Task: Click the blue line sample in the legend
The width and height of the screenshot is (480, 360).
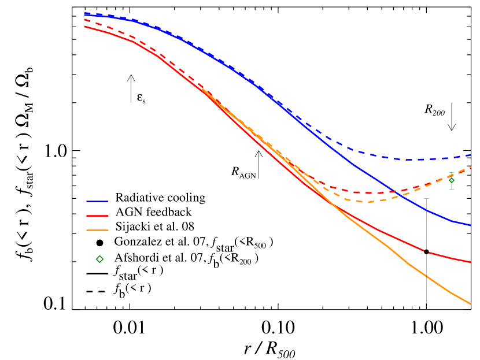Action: point(97,201)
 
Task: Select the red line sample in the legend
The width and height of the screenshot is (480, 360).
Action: point(97,216)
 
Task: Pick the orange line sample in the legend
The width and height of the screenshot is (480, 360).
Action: point(97,230)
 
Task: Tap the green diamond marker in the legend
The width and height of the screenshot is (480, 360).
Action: point(99,259)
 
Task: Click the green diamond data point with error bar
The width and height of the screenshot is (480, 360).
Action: point(452,180)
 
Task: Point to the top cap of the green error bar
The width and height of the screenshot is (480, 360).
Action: point(452,173)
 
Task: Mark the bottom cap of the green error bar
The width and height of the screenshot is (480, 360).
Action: point(452,189)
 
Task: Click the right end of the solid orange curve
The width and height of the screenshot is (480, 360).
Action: point(471,304)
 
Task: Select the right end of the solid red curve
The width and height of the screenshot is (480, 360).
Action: point(471,262)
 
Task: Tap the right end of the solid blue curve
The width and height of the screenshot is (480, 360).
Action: point(471,225)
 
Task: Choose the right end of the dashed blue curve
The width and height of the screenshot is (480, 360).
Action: point(471,155)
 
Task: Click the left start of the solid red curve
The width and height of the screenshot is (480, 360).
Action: point(84,26)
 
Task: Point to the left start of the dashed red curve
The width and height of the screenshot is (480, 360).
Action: point(84,20)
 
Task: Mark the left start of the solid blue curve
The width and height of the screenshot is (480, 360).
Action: point(84,14)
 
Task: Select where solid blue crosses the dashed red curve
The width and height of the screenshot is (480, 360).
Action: point(394,191)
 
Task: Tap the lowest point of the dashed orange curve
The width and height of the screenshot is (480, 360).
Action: point(367,202)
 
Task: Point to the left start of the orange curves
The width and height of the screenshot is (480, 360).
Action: point(202,89)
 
